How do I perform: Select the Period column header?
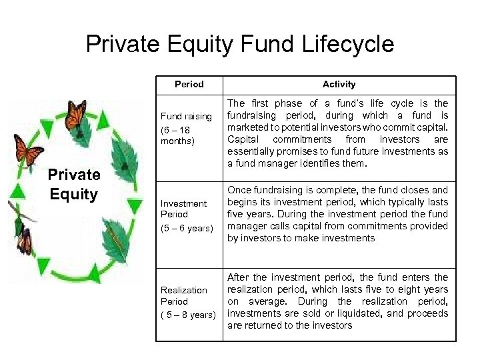tap(189, 85)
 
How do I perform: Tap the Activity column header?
tap(339, 85)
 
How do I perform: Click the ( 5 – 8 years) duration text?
tap(189, 315)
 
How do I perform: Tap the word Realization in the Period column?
tap(184, 290)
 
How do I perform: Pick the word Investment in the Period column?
tap(184, 203)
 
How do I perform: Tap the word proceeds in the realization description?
tap(427, 313)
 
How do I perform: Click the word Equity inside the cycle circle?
tap(73, 195)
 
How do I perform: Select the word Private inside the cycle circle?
tap(74, 176)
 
